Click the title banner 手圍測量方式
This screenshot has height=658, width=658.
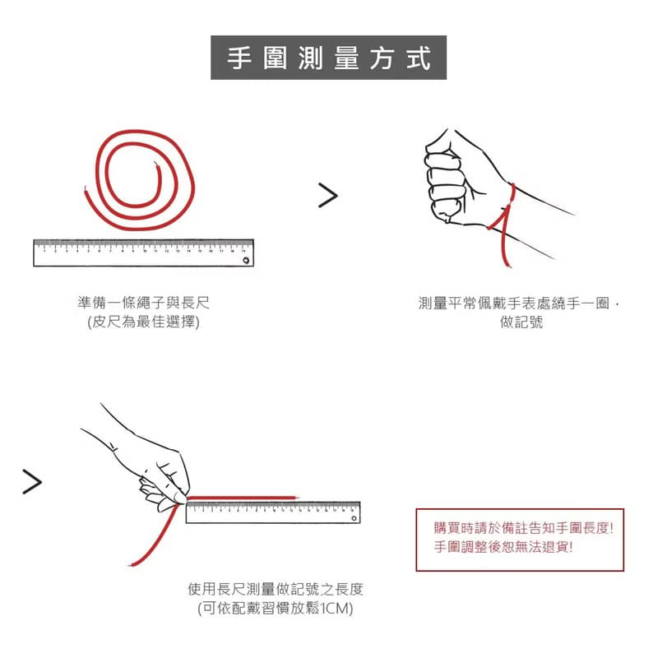[x=329, y=58]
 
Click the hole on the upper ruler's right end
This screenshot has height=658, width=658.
[x=245, y=260]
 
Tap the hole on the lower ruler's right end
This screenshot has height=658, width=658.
[x=353, y=518]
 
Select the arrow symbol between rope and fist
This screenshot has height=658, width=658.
[x=328, y=195]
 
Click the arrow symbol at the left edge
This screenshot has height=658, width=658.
[x=31, y=482]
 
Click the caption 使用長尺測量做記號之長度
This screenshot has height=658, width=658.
[x=276, y=589]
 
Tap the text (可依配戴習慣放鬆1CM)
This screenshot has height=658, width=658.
[x=276, y=609]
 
